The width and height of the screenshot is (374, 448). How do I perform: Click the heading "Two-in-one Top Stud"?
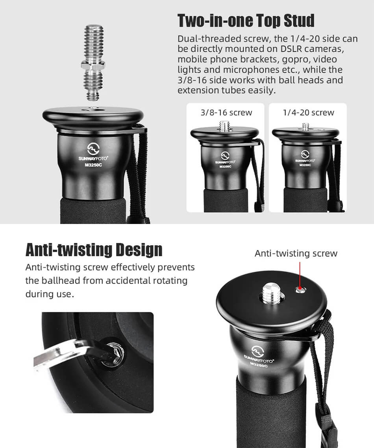246,21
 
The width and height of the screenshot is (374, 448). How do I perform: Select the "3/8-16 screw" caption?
226,112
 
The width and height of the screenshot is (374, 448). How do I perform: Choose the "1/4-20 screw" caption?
308,112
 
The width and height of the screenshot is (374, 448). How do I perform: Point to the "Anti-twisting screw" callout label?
296,254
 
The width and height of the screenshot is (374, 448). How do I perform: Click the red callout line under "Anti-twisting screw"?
300,274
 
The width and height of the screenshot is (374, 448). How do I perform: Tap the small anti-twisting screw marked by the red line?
300,290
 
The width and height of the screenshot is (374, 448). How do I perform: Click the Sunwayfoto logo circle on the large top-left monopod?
93,149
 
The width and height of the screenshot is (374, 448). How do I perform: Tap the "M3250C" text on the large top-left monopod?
93,165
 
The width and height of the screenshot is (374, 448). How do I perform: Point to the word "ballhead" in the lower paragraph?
61,280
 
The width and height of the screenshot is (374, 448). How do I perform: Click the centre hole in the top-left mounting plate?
93,109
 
